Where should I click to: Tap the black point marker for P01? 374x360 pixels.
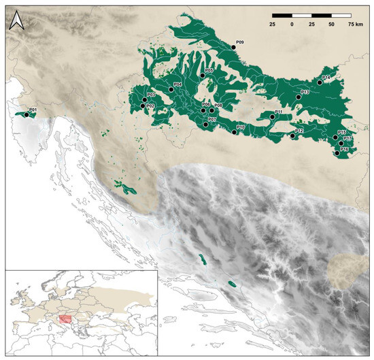pyautogui.click(x=27, y=115)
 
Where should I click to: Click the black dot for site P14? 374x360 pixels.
pyautogui.click(x=320, y=83)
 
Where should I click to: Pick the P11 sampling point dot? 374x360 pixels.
pyautogui.click(x=271, y=117)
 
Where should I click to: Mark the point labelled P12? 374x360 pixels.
pyautogui.click(x=292, y=136)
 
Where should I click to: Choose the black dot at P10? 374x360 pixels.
pyautogui.click(x=235, y=132)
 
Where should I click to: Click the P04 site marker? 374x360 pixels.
pyautogui.click(x=171, y=89)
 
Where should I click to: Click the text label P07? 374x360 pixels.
pyautogui.click(x=212, y=120)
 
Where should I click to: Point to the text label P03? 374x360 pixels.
pyautogui.click(x=152, y=95)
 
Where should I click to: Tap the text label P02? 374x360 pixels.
pyautogui.click(x=150, y=106)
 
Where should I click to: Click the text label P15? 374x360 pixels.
pyautogui.click(x=342, y=132)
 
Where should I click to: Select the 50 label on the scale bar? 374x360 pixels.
pyautogui.click(x=332, y=23)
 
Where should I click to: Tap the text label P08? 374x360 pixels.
pyautogui.click(x=218, y=105)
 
